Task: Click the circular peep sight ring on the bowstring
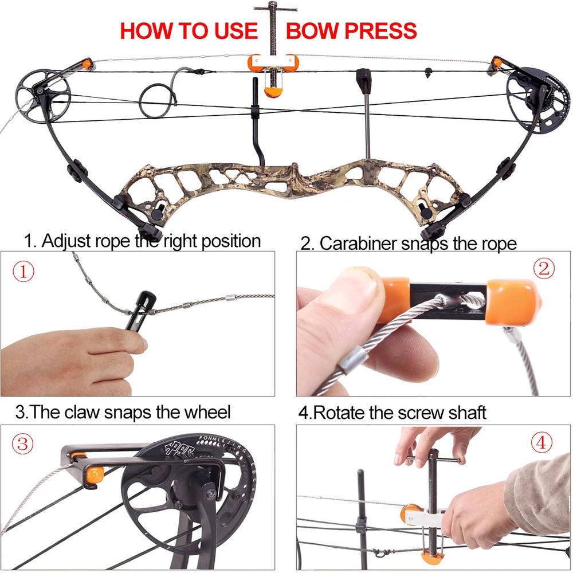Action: [156, 100]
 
